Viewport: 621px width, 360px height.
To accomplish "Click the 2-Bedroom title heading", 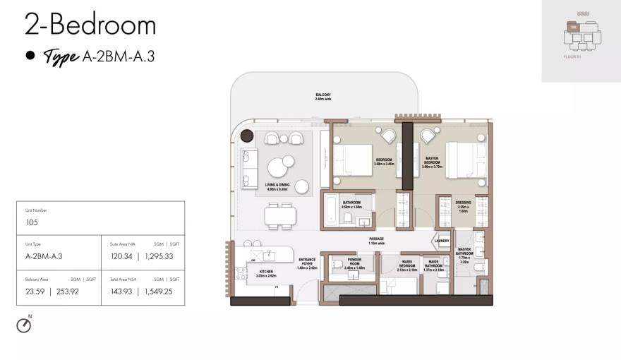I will click(x=90, y=25).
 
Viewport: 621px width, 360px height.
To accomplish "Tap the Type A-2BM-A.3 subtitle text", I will click(x=98, y=57).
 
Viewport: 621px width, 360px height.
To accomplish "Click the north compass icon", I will click(x=24, y=325).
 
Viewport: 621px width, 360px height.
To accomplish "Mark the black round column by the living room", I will click(x=247, y=136).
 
